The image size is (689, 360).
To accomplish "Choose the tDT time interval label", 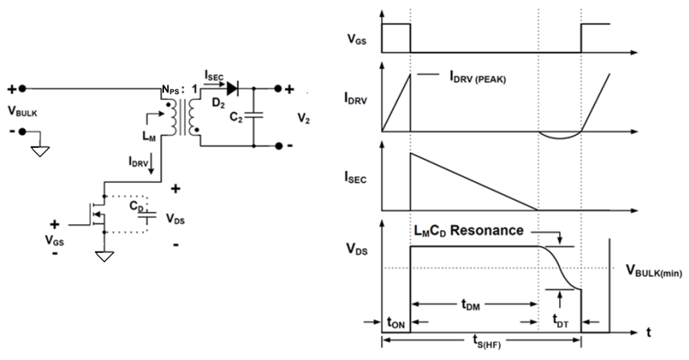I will point(560,319).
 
